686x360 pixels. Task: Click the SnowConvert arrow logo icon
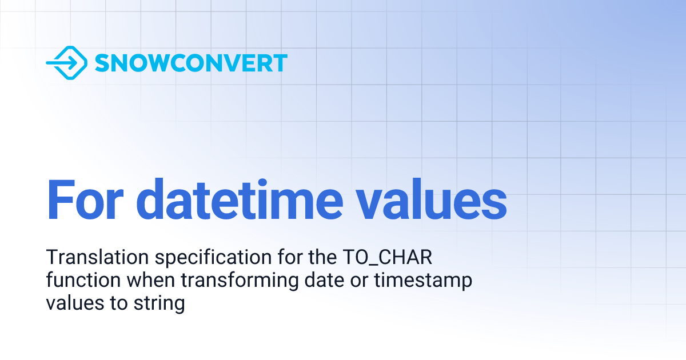point(66,63)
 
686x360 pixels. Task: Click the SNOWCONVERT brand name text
point(191,63)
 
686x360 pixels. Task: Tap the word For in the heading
point(85,199)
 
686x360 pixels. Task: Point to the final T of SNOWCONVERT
point(280,63)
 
